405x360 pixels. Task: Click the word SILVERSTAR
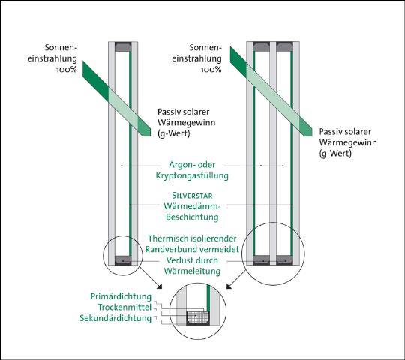[x=192, y=196]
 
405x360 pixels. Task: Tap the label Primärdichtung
[x=121, y=296]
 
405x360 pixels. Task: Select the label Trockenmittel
[x=124, y=307]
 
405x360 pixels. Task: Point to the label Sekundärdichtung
[x=115, y=318]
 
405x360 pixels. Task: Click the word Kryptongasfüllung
[x=192, y=176]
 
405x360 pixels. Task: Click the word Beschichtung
[x=192, y=217]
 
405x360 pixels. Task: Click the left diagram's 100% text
[x=67, y=70]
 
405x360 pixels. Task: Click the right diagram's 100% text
[x=211, y=70]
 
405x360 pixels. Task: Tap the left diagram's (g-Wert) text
[x=174, y=133]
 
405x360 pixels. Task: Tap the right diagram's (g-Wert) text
[x=335, y=154]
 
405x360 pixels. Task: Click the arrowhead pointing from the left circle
[x=159, y=286]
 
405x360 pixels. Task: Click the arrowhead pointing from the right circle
[x=229, y=286]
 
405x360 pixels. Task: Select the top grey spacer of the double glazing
[x=123, y=47]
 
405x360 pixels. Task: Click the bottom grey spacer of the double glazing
[x=123, y=260]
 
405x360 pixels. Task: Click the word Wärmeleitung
[x=192, y=271]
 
